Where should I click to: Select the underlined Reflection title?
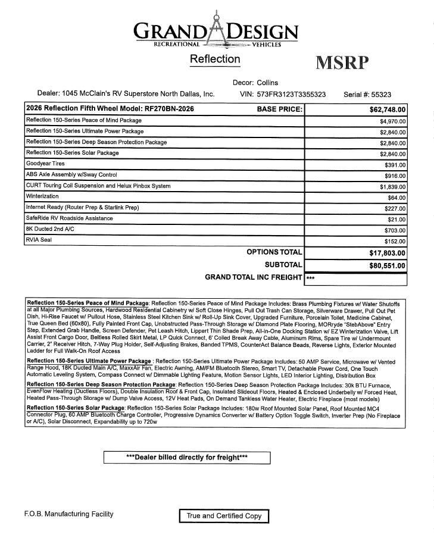pos(215,59)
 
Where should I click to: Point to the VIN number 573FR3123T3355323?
pos(283,94)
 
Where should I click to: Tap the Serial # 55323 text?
pos(367,94)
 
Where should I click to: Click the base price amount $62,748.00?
pos(388,110)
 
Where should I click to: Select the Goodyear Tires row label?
pos(46,164)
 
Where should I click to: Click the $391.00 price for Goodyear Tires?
pos(395,165)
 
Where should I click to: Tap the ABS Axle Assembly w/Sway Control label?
pos(71,175)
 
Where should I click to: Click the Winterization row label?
pos(42,196)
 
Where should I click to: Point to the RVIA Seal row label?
pos(39,240)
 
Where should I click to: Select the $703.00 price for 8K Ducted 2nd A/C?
pos(395,230)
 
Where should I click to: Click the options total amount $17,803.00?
pos(388,253)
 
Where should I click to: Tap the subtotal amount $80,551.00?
pos(388,266)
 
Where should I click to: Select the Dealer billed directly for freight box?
pos(187,458)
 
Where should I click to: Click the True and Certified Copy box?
pos(224,516)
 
